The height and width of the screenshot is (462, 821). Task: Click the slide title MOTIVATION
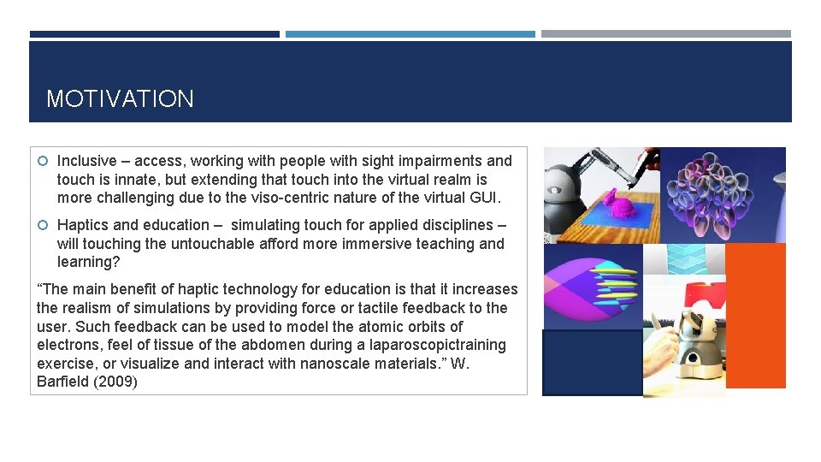point(120,99)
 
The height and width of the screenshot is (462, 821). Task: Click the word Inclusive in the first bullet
point(86,161)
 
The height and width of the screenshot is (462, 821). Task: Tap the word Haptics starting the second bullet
point(83,225)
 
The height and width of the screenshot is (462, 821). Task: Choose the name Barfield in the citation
point(64,382)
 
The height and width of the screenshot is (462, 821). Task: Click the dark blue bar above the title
point(154,34)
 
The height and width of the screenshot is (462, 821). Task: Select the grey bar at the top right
point(665,34)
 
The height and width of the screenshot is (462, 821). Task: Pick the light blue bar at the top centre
point(410,34)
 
